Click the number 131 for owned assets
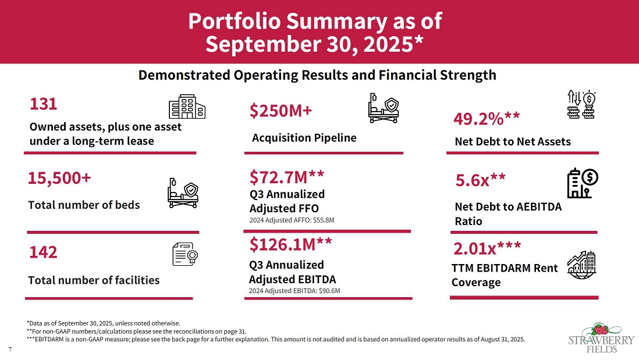(x=44, y=104)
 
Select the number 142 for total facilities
(x=44, y=252)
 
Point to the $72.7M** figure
(x=286, y=176)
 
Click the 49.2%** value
(x=486, y=119)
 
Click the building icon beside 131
(x=187, y=108)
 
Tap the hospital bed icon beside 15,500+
(x=183, y=193)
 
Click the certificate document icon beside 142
(x=187, y=254)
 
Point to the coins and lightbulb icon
(x=585, y=105)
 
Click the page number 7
(x=10, y=349)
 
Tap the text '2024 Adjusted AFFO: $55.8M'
(x=292, y=220)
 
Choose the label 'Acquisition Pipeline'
(x=304, y=138)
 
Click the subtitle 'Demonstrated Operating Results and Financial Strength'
(x=317, y=75)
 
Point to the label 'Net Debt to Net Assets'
(x=513, y=141)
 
